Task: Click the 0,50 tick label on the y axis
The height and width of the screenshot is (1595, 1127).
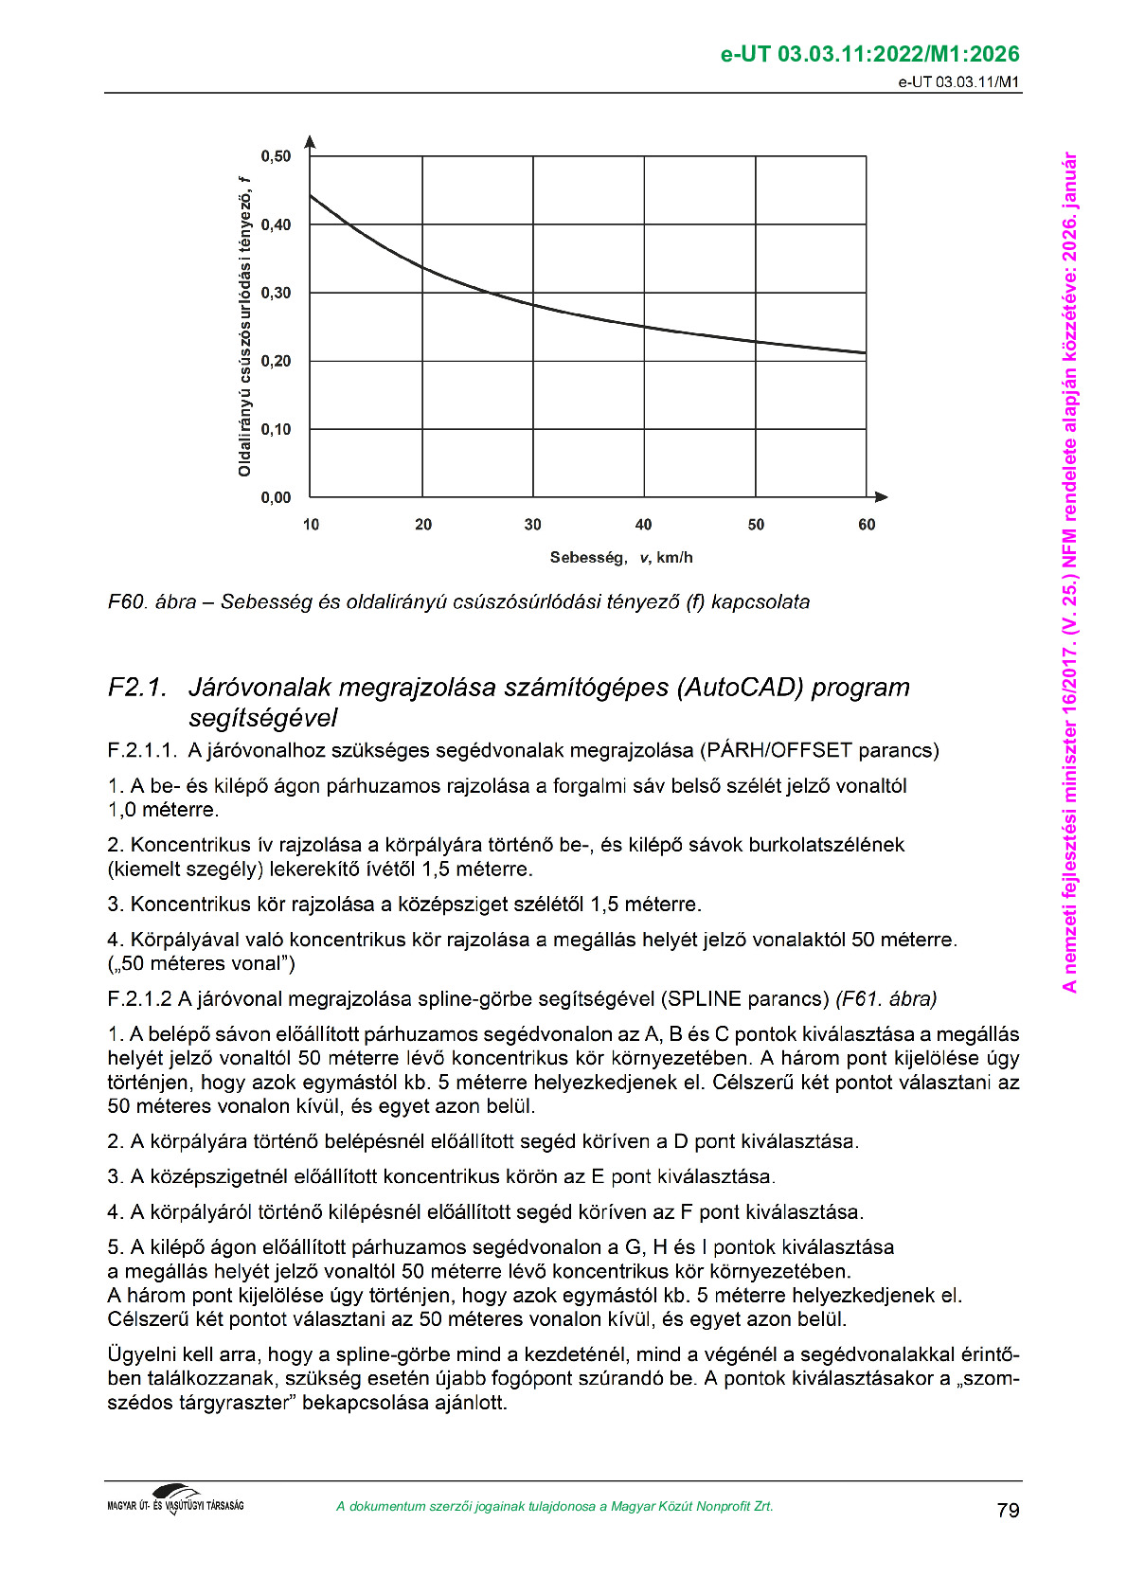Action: (276, 156)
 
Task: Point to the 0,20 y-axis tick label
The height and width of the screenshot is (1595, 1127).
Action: (276, 361)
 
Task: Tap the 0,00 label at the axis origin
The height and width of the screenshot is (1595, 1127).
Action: (276, 497)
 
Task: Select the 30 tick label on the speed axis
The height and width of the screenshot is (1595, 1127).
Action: (533, 525)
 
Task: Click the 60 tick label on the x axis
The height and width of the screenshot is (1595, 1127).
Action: (867, 525)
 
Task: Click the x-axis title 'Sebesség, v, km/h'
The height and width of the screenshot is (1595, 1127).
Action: (621, 558)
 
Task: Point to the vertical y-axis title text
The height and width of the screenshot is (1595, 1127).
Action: (244, 327)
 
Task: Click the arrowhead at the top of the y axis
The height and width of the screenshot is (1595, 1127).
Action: (311, 142)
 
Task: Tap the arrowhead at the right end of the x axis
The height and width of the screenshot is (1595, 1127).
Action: (881, 496)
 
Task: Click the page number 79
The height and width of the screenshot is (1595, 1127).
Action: (1008, 1511)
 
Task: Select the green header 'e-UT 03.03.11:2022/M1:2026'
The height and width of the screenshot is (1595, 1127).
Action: (870, 55)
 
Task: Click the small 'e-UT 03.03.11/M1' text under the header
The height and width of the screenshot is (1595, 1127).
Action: (958, 82)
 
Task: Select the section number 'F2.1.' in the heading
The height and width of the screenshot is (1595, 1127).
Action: (137, 688)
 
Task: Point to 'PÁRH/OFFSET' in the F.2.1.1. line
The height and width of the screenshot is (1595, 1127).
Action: (778, 751)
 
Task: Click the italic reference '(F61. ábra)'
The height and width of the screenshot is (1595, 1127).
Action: (886, 999)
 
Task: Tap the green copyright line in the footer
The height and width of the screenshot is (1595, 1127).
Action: (554, 1507)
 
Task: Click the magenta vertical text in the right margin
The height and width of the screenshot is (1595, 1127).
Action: (1069, 572)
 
